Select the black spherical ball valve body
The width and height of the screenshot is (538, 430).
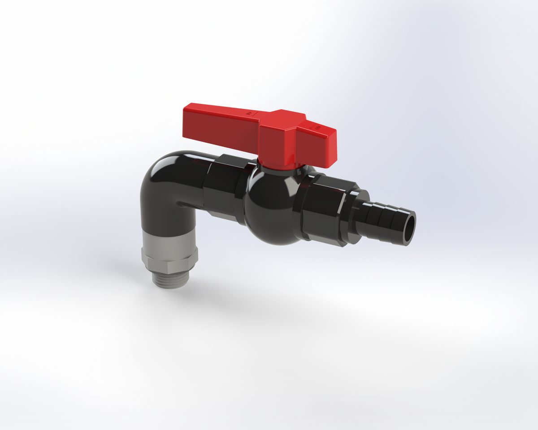pos(269,206)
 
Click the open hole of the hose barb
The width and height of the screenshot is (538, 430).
pos(409,228)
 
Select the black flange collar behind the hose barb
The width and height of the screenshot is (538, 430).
pos(359,215)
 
